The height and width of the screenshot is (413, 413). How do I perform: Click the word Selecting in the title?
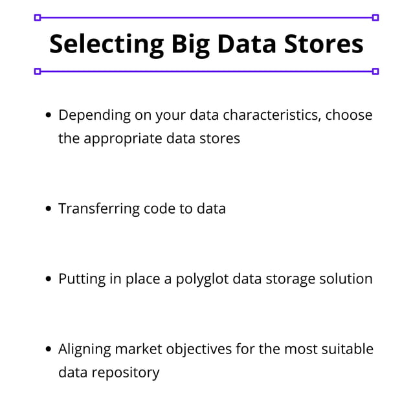pyautogui.click(x=106, y=44)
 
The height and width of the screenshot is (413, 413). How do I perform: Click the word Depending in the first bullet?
pyautogui.click(x=94, y=115)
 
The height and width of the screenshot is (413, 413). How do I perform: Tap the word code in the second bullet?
pyautogui.click(x=158, y=208)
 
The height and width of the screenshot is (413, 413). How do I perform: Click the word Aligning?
pyautogui.click(x=84, y=350)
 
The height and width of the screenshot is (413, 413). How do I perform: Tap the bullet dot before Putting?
pyautogui.click(x=49, y=280)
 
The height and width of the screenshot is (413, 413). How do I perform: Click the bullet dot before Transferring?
pyautogui.click(x=49, y=209)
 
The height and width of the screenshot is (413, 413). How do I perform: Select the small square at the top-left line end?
pyautogui.click(x=37, y=17)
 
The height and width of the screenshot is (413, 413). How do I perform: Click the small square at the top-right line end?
pyautogui.click(x=375, y=17)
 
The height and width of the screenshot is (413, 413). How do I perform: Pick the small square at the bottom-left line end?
pyautogui.click(x=37, y=71)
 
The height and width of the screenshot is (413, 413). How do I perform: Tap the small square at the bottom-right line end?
pyautogui.click(x=375, y=71)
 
